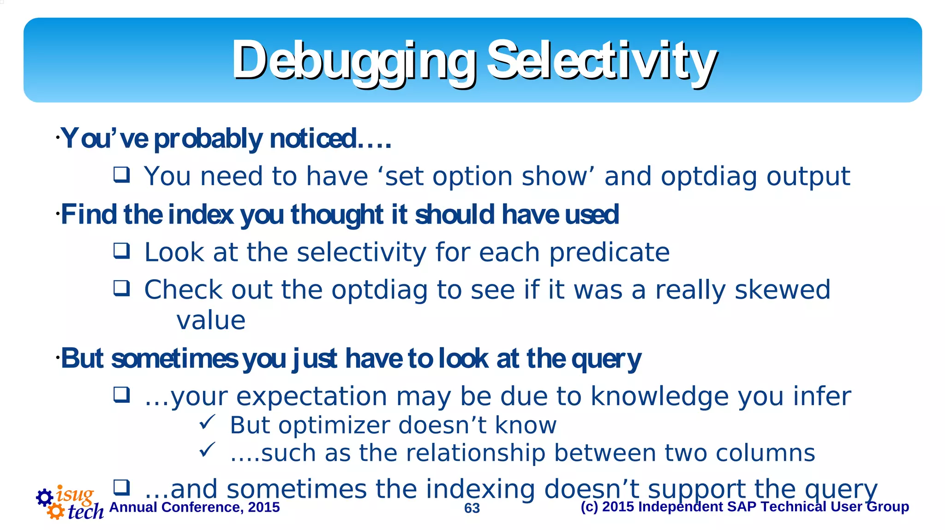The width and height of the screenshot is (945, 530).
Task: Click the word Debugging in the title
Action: (x=353, y=61)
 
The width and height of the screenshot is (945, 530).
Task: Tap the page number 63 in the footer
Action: (x=472, y=508)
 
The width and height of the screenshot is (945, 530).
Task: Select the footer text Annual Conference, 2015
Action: (x=194, y=507)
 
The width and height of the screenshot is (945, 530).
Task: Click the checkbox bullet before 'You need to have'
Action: (x=122, y=175)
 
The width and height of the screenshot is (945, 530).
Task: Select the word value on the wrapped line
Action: (x=211, y=320)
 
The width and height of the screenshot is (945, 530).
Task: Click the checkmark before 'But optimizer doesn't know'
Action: (x=207, y=422)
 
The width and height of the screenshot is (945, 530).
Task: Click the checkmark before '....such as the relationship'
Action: (x=207, y=449)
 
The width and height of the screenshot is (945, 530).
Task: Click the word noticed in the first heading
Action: (x=314, y=138)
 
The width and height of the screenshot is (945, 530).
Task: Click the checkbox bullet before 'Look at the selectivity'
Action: (x=122, y=251)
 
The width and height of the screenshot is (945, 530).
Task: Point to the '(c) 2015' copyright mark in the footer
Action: (x=606, y=507)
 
